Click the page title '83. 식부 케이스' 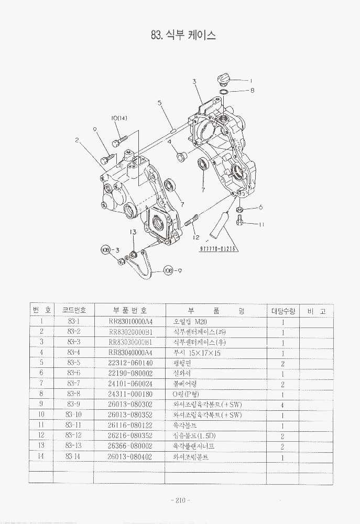click(183, 36)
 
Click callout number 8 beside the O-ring click(252, 90)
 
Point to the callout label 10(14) click(119, 118)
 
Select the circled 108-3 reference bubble click(107, 250)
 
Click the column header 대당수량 click(282, 311)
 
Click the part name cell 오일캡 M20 click(187, 321)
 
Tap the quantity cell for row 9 click(282, 405)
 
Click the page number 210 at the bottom click(180, 500)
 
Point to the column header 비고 click(317, 311)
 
